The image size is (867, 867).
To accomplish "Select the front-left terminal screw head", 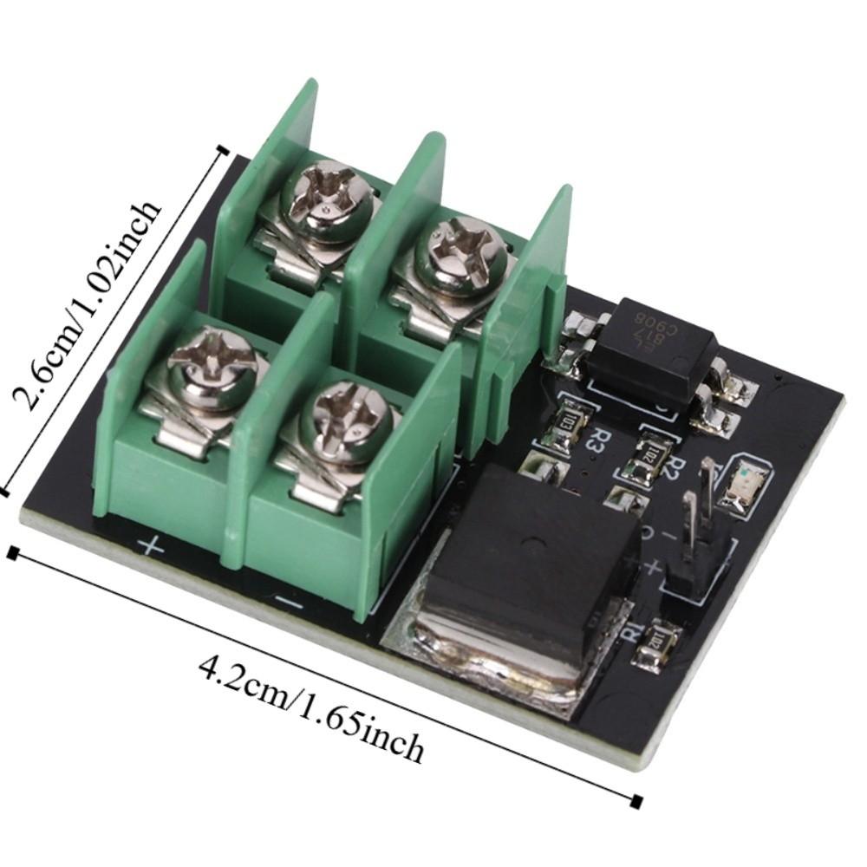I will coord(211,361).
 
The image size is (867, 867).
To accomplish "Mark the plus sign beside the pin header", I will coord(649,568).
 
